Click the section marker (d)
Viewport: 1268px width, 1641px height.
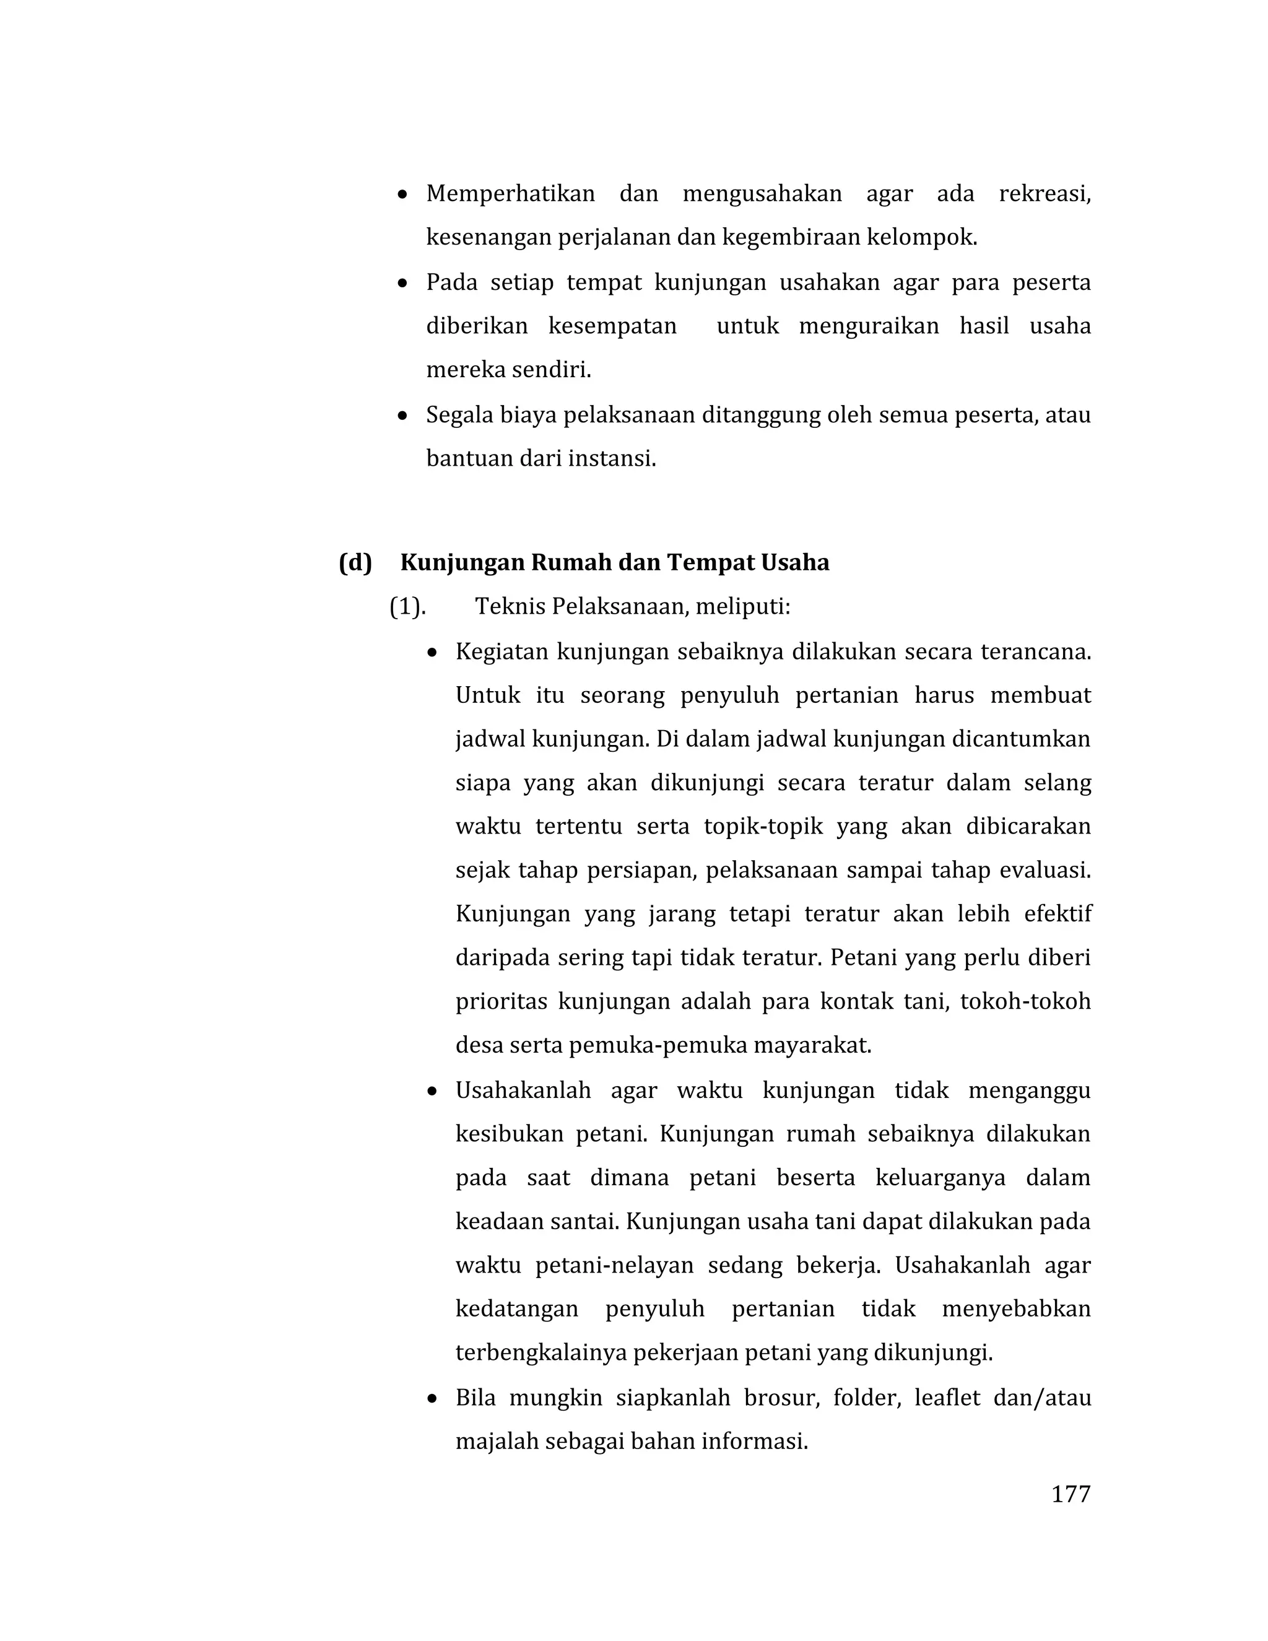pyautogui.click(x=355, y=562)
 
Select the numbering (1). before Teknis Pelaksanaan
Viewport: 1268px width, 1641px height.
pyautogui.click(x=407, y=606)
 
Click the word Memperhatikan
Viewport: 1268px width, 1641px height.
pyautogui.click(x=510, y=194)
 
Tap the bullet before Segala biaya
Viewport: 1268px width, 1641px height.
pyautogui.click(x=404, y=416)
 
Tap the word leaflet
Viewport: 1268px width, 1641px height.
pyautogui.click(x=947, y=1398)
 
